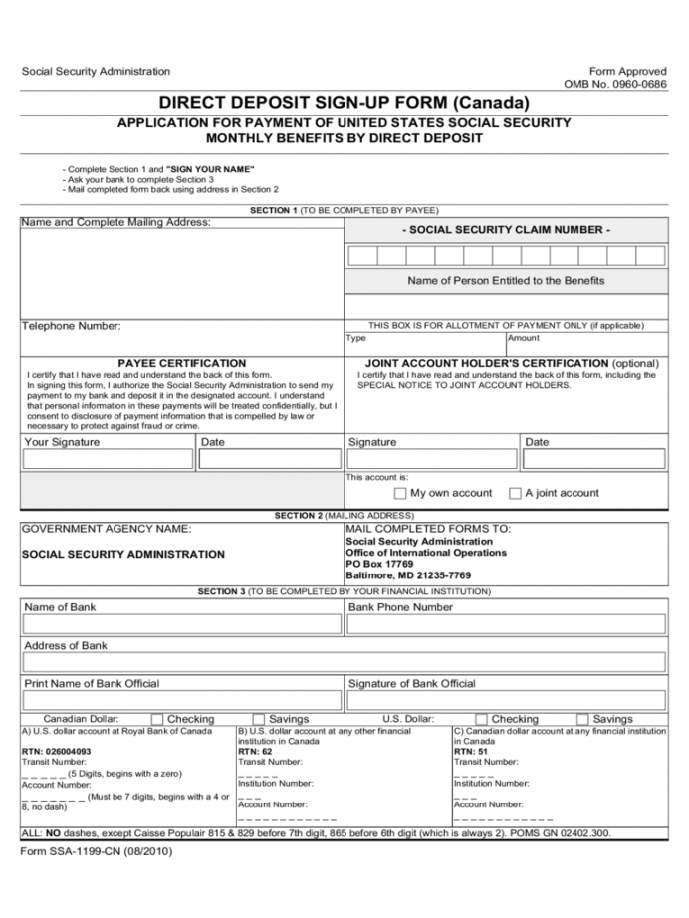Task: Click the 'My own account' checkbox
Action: tap(400, 493)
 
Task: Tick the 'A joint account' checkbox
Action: tap(515, 493)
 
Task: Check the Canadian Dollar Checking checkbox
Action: tap(157, 719)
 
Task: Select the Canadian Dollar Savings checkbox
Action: tap(259, 719)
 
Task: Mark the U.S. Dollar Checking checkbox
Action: tap(481, 719)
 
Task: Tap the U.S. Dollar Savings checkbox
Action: tap(582, 719)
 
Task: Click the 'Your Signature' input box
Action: tap(108, 459)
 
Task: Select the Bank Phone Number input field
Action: tap(506, 624)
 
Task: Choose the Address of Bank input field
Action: tap(344, 662)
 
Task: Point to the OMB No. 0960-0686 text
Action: tap(615, 85)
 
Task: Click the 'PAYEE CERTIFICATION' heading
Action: tap(181, 364)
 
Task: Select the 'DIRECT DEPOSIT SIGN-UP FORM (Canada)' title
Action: tap(344, 103)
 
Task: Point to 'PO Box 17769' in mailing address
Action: tap(379, 564)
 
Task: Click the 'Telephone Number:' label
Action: tap(72, 326)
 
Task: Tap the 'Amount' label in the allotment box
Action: tap(524, 338)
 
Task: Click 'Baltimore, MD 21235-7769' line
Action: tap(408, 575)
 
